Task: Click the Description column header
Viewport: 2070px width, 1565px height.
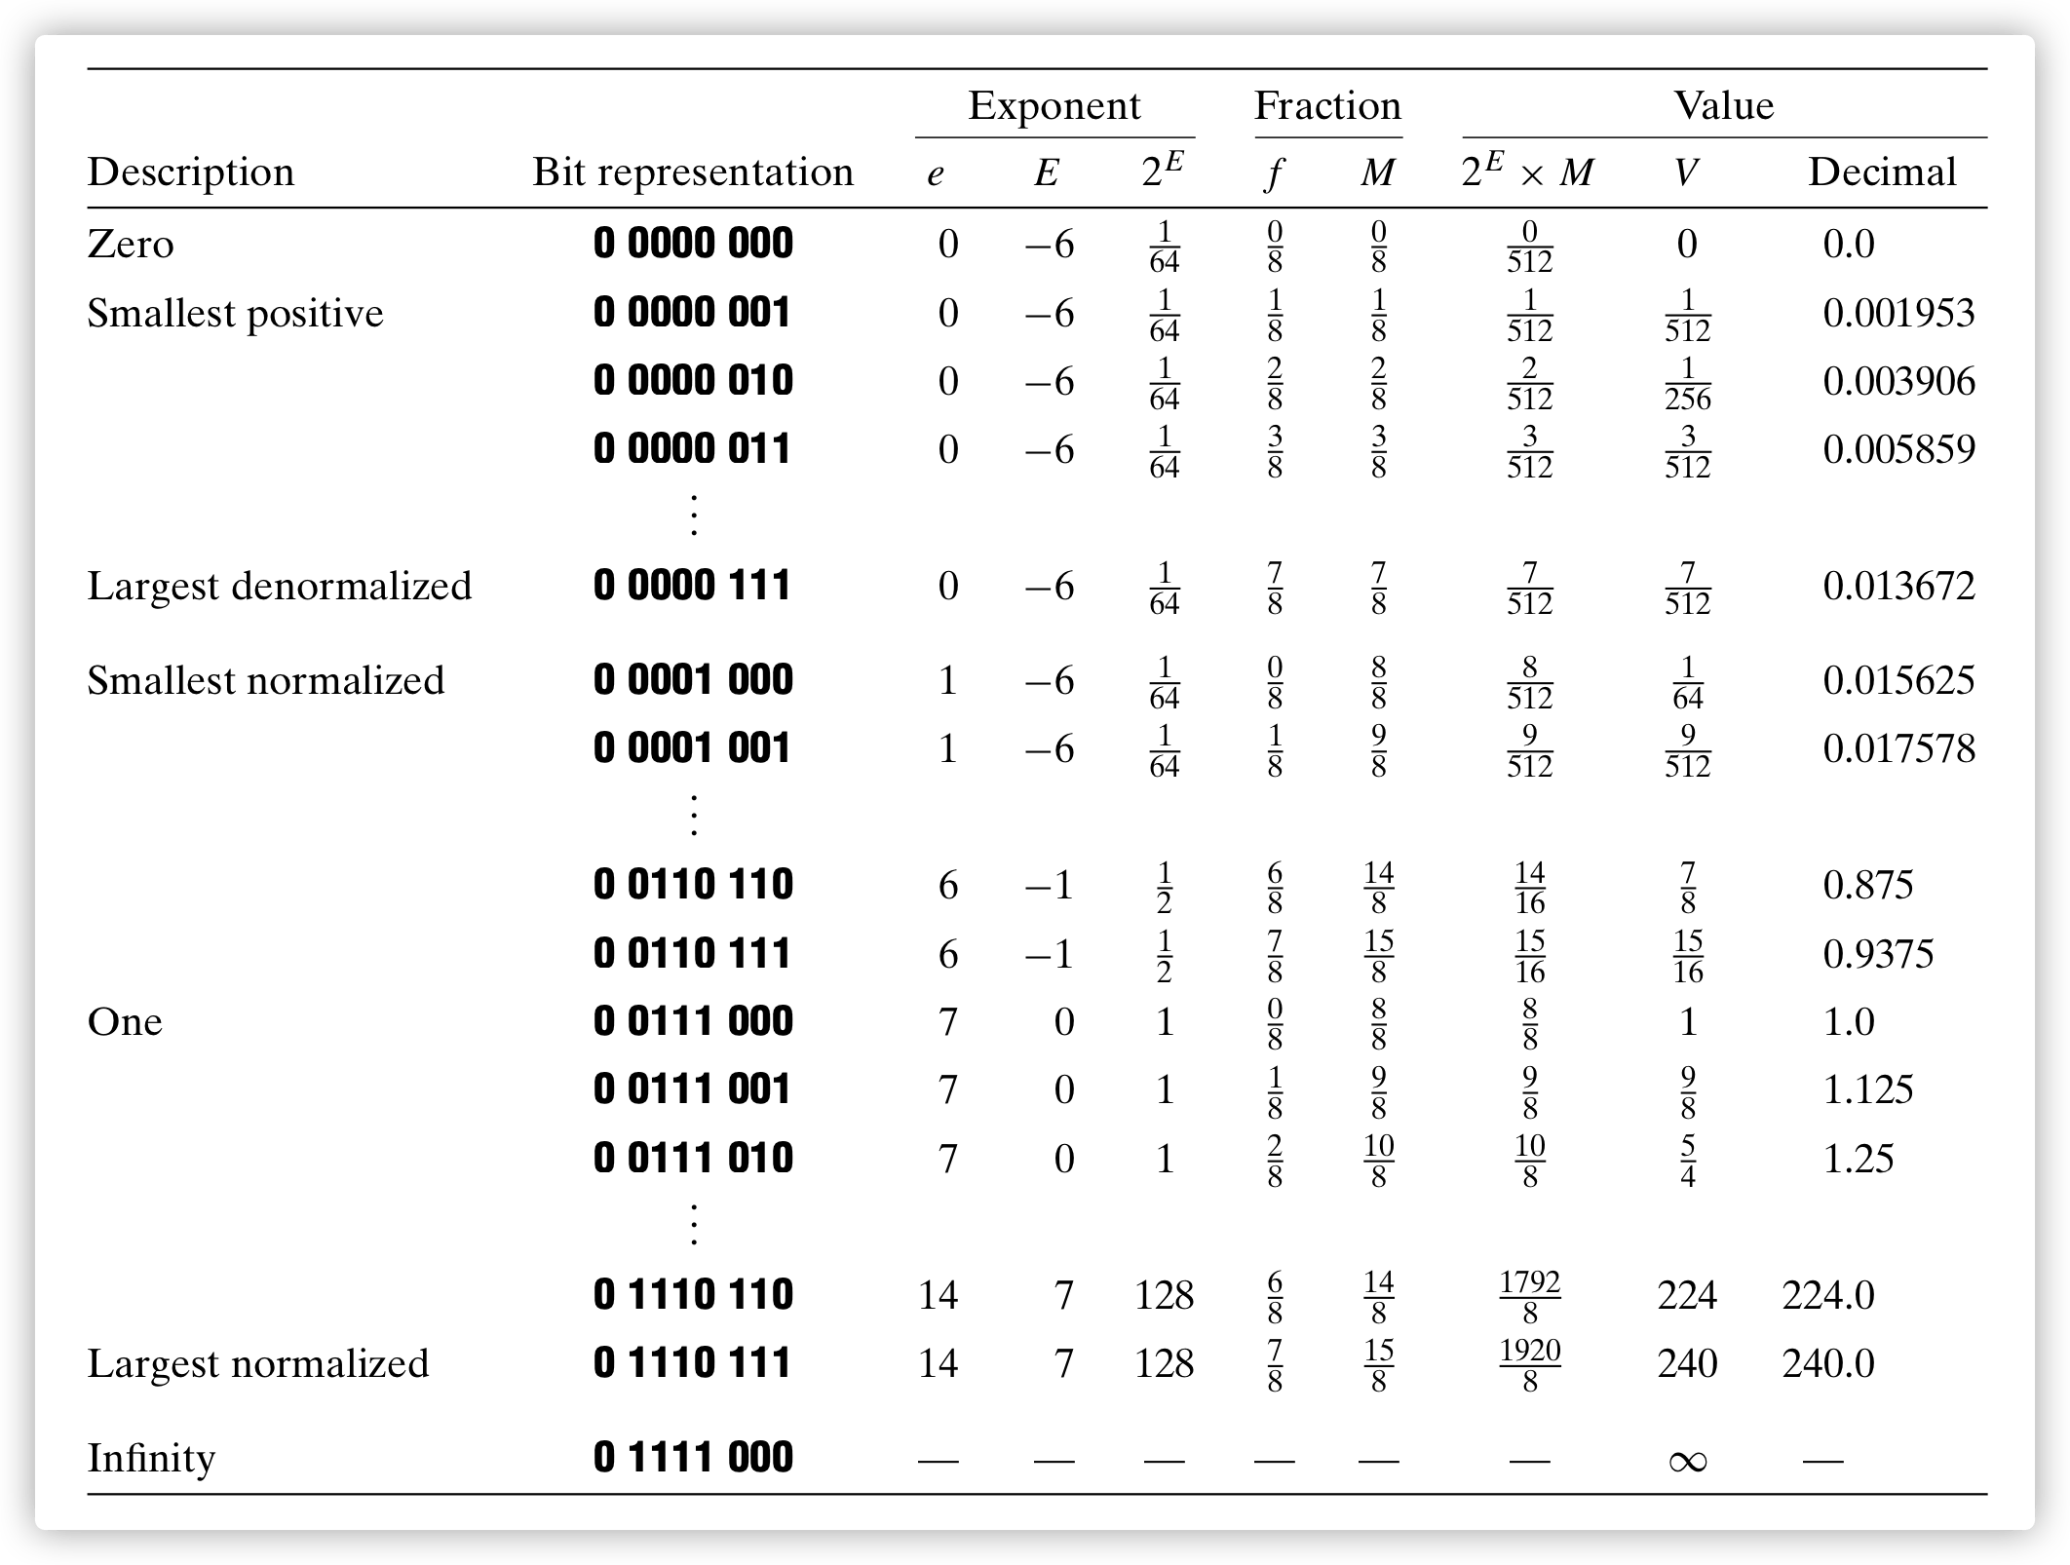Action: pos(190,172)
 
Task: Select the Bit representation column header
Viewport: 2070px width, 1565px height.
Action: pos(692,172)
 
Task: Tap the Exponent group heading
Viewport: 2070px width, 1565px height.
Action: pos(1054,105)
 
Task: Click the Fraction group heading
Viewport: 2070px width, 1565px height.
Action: pos(1327,105)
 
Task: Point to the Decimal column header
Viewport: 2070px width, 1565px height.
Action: pos(1882,172)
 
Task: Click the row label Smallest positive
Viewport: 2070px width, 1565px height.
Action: pos(235,313)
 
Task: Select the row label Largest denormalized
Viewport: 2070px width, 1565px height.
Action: pos(280,586)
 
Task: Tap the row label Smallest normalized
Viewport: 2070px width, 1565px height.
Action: pos(265,680)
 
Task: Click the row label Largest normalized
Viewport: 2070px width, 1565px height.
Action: pos(258,1363)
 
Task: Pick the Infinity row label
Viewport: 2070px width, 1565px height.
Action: pos(151,1458)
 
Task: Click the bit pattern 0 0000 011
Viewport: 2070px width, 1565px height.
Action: pos(692,449)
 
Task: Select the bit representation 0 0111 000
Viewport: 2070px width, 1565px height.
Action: pos(693,1021)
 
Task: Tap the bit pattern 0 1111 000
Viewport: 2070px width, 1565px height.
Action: pos(693,1458)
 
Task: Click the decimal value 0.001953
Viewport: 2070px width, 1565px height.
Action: pos(1898,313)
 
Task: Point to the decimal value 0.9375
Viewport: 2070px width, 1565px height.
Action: pos(1878,953)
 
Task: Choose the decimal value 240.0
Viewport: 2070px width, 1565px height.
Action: pos(1828,1363)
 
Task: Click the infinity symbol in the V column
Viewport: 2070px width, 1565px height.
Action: pos(1687,1461)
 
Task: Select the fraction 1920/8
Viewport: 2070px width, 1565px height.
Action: pos(1529,1364)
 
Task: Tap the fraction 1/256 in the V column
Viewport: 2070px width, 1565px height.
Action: pos(1687,382)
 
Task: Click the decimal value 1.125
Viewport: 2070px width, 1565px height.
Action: pos(1868,1089)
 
